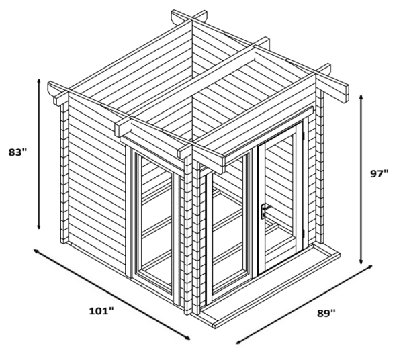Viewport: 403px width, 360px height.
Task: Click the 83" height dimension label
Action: [18, 152]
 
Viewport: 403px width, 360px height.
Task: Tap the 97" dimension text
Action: [379, 173]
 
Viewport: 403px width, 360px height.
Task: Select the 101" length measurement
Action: [101, 310]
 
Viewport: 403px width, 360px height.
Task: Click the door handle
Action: [264, 212]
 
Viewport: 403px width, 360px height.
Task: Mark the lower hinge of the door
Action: [304, 233]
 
